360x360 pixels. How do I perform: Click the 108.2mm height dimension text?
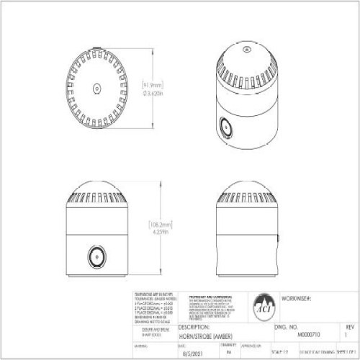click(x=158, y=224)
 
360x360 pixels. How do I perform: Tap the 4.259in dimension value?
click(x=158, y=233)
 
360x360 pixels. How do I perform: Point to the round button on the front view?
click(x=94, y=256)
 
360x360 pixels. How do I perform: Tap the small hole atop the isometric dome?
click(x=246, y=50)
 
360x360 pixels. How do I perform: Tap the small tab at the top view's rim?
click(x=97, y=50)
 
